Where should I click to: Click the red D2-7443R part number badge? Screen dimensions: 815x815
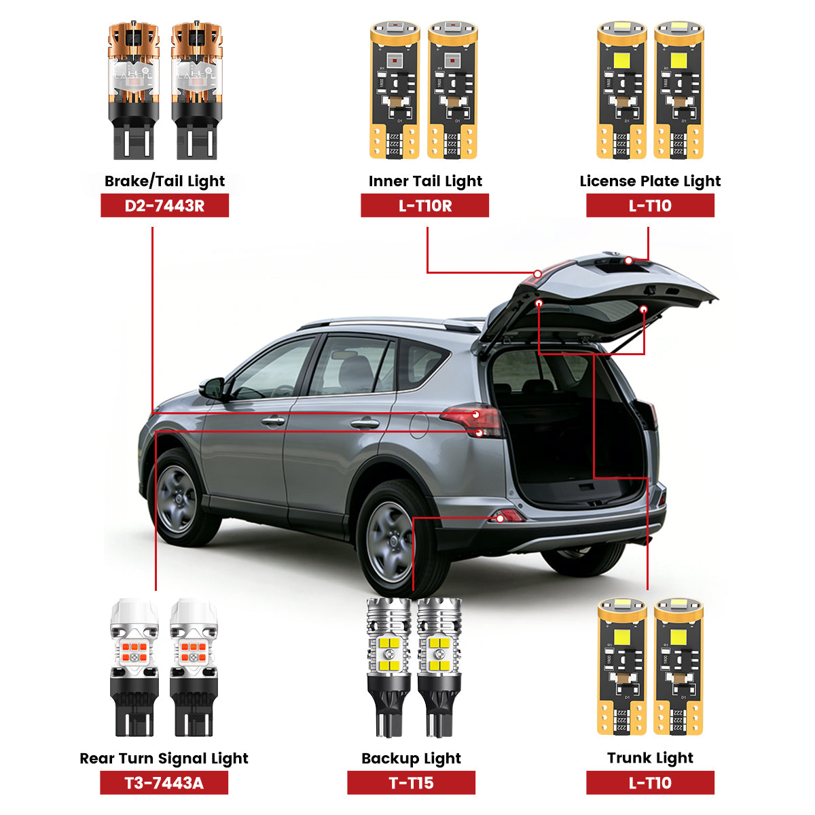[164, 206]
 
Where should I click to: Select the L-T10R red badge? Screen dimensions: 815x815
[424, 206]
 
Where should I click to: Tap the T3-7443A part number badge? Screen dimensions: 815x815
[164, 783]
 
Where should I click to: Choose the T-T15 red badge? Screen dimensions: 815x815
[411, 783]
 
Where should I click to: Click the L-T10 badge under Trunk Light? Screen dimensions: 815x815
[650, 783]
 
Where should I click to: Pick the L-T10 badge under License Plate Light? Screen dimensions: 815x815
[650, 206]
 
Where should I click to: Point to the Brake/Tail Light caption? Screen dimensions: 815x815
[164, 181]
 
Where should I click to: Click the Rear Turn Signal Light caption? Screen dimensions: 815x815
[164, 759]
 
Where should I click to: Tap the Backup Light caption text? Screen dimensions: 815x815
[411, 759]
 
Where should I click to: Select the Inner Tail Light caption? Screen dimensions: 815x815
[424, 181]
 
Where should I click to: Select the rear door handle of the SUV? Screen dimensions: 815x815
[365, 423]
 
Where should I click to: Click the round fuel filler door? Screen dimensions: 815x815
[418, 424]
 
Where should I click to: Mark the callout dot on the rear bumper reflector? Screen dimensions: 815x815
[501, 518]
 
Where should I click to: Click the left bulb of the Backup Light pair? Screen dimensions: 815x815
[388, 666]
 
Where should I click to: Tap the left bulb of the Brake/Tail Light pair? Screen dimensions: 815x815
[134, 92]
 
